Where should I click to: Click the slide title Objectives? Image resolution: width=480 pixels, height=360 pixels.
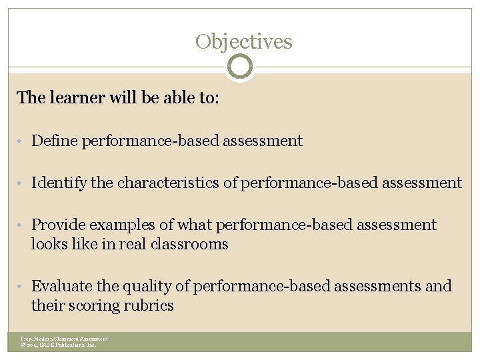click(244, 42)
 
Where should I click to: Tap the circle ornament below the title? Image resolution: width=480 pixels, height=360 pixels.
click(240, 67)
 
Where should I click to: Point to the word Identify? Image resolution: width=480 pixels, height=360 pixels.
click(59, 183)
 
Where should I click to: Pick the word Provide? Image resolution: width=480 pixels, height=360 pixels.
click(58, 225)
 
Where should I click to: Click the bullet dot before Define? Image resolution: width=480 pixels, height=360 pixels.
click(21, 141)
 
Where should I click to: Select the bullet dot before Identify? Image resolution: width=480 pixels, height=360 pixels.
click(21, 183)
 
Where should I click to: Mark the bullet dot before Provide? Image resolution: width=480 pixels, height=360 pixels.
click(21, 225)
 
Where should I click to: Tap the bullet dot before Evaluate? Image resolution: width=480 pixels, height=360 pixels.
click(21, 287)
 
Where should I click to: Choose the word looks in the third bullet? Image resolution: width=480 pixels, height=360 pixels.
click(48, 244)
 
